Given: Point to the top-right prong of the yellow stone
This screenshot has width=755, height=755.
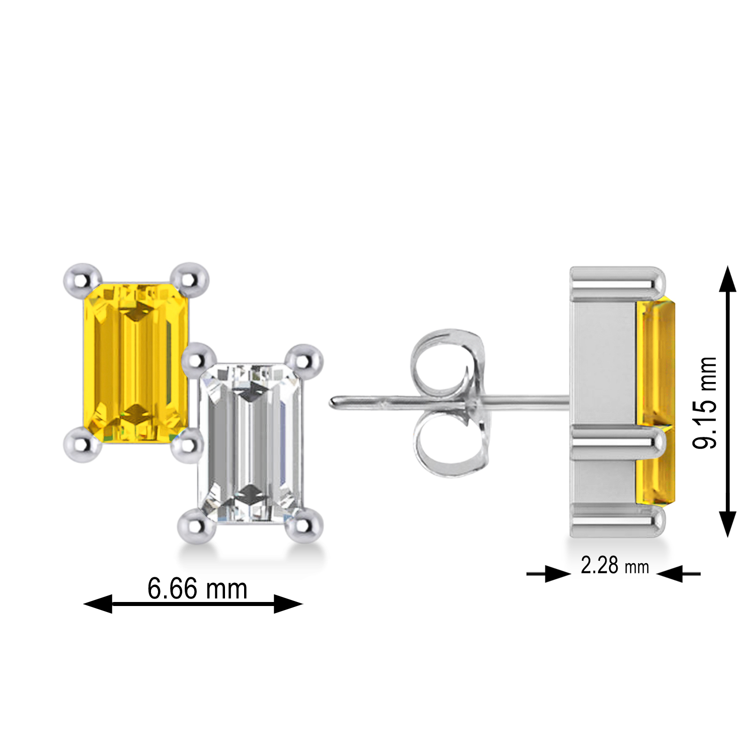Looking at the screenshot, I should pos(190,278).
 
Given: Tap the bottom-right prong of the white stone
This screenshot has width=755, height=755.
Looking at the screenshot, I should pos(305,526).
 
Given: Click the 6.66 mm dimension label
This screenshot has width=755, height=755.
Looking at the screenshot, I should pos(197,588).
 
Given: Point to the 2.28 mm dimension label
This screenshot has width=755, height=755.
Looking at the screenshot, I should pos(615,566).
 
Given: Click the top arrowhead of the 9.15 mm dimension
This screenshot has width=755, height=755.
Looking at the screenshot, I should pos(727,279).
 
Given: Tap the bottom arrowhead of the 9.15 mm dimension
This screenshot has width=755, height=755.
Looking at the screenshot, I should pos(727,523).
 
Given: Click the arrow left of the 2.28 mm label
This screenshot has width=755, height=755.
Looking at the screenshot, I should pos(556,573).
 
